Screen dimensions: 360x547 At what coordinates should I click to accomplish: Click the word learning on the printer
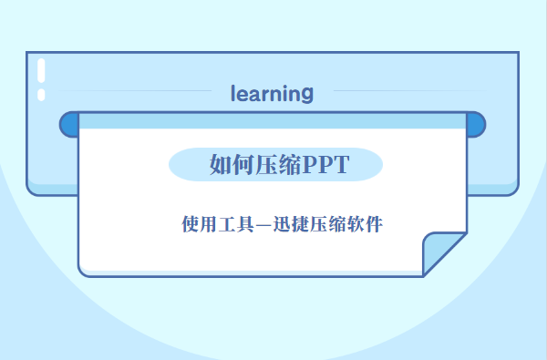pyautogui.click(x=273, y=93)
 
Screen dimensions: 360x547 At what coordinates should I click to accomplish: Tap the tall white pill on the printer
pyautogui.click(x=41, y=71)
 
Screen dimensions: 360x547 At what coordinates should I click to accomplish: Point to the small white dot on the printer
pyautogui.click(x=41, y=95)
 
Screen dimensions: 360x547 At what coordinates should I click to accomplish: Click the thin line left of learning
pyautogui.click(x=137, y=91)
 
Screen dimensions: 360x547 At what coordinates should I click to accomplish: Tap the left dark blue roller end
pyautogui.click(x=68, y=125)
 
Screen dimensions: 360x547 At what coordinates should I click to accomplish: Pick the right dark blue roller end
pyautogui.click(x=475, y=125)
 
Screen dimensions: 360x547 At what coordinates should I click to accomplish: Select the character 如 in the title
pyautogui.click(x=220, y=164)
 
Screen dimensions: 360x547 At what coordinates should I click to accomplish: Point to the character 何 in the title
pyautogui.click(x=242, y=164)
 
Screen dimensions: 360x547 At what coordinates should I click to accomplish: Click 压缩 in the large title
pyautogui.click(x=274, y=164)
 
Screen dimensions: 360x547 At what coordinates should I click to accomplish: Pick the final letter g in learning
pyautogui.click(x=307, y=94)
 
